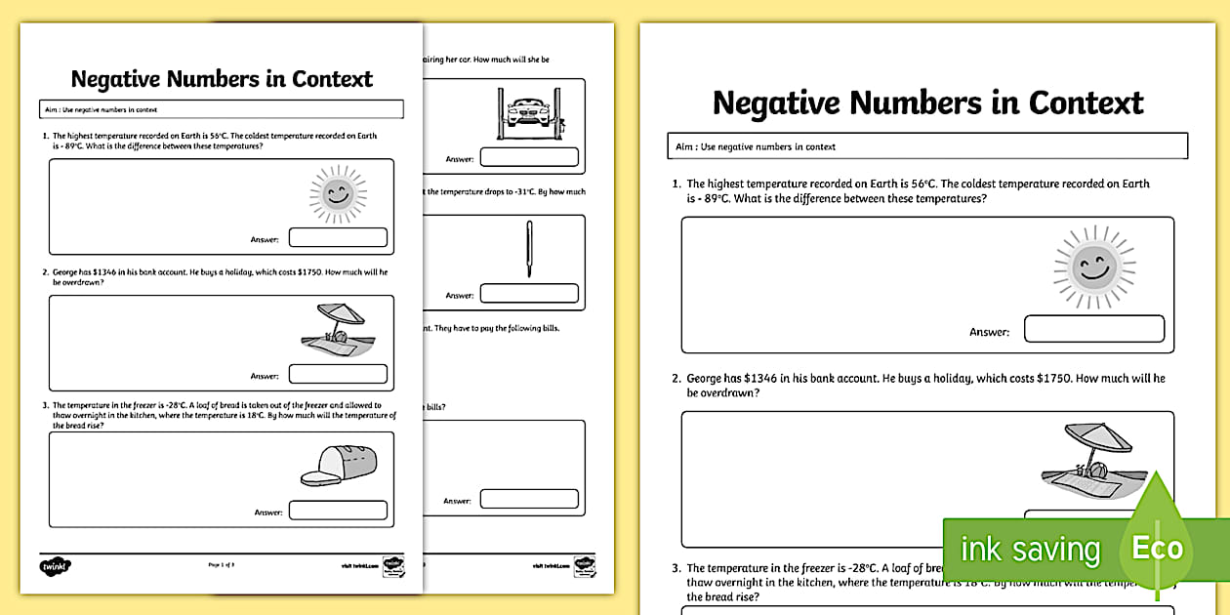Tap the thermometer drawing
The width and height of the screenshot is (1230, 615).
529,249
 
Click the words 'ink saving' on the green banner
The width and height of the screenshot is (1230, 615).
1030,550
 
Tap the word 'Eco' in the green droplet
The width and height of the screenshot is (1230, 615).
1157,548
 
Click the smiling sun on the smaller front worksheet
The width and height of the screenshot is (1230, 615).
338,193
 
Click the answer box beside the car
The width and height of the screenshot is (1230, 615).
529,157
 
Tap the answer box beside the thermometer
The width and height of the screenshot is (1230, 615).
529,293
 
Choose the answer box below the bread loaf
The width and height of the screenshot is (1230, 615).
338,511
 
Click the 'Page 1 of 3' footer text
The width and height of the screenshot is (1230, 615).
222,564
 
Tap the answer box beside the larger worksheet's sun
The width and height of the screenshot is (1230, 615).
1093,330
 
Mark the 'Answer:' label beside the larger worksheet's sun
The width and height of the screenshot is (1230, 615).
989,332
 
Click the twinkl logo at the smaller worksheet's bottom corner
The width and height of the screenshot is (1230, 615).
57,565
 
